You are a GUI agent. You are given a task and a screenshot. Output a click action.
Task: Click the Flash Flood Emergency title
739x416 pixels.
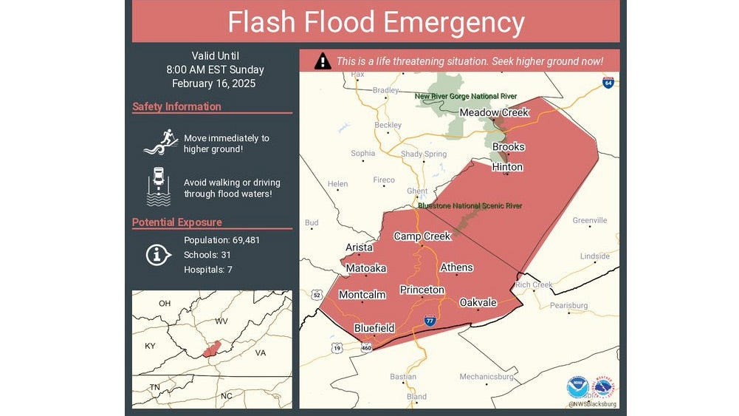coord(376,22)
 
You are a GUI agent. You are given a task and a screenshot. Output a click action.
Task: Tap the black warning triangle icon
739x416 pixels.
coord(322,61)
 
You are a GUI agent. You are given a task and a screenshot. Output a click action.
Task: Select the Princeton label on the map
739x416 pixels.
coord(422,290)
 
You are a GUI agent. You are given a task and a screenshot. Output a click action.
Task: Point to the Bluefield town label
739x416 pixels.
coord(374,328)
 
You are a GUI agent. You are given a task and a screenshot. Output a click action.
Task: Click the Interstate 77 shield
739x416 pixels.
coord(430,321)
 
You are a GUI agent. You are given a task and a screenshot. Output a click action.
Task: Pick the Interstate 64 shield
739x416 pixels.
coord(608,83)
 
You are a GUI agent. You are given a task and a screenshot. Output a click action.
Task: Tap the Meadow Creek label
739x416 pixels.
coord(494,112)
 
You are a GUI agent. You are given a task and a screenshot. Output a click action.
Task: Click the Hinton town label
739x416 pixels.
coord(507,167)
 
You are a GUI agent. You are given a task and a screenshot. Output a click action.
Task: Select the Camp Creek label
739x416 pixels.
coord(422,236)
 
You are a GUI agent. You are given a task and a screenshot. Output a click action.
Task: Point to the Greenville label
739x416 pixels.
coord(590,220)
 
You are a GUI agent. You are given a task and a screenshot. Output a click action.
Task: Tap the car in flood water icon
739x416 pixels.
coord(158,186)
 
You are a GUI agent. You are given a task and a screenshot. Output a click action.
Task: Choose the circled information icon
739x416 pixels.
coord(157,255)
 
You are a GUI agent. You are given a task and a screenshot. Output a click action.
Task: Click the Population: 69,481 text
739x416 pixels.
coord(221,240)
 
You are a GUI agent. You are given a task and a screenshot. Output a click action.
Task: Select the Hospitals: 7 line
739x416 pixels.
coord(208,270)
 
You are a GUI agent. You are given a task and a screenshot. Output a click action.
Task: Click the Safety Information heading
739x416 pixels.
coord(176,106)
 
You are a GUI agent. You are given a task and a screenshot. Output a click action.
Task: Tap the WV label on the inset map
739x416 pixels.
coord(221,321)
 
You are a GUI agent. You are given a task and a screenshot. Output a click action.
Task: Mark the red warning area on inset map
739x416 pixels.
coord(211,349)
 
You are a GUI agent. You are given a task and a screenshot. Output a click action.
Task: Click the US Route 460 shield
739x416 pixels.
coord(366,347)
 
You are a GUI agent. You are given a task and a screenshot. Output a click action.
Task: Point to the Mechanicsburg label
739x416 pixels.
coord(486,377)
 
